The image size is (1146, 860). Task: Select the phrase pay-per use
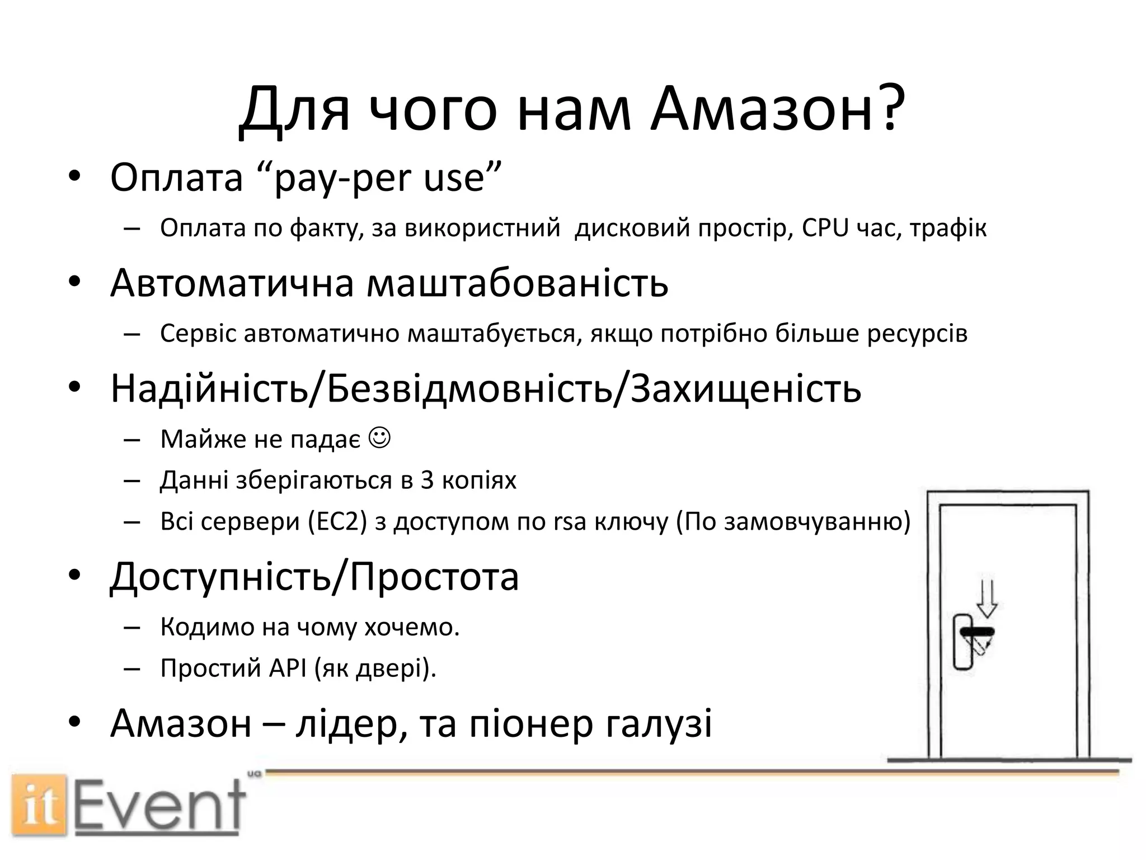(379, 178)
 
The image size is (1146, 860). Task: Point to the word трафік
(948, 228)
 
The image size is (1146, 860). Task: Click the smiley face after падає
(380, 437)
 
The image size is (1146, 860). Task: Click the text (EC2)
(337, 522)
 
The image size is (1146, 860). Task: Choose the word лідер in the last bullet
(345, 723)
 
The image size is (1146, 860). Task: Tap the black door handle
(977, 632)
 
